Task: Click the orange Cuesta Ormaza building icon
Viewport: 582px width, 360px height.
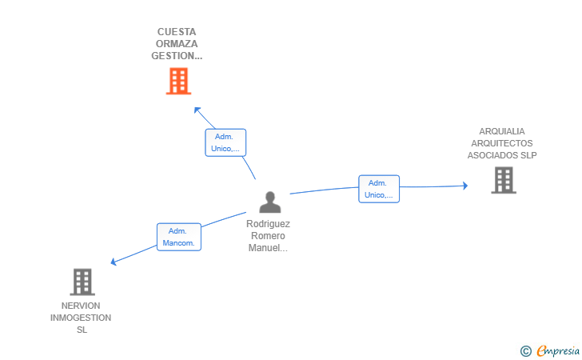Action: [x=178, y=81]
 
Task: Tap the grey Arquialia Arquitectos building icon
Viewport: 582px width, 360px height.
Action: [x=503, y=180]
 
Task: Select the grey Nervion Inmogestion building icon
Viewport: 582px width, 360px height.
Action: [x=82, y=282]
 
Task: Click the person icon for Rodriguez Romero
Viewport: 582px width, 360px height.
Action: [x=270, y=202]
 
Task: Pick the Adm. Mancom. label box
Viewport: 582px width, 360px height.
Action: [x=178, y=237]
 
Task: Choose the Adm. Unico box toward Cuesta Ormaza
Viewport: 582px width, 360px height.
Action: [x=225, y=142]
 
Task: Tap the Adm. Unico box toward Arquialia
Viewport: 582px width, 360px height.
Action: [x=378, y=189]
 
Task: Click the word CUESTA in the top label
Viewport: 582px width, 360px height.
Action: [x=177, y=32]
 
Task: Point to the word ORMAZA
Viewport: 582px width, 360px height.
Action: [x=177, y=44]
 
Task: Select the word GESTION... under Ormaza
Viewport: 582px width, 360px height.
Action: [x=177, y=56]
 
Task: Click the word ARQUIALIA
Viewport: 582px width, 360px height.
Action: [x=502, y=131]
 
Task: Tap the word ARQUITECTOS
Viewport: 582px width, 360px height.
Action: [x=502, y=143]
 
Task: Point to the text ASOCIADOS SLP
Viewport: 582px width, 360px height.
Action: [x=502, y=155]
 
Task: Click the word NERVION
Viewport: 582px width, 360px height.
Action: [x=81, y=306]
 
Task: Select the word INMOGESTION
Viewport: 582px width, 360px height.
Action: [x=81, y=318]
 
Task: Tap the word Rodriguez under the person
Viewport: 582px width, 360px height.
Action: [x=268, y=225]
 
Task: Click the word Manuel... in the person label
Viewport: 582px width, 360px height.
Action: [x=268, y=248]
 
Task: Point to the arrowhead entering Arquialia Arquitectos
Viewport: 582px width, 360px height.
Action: [x=464, y=186]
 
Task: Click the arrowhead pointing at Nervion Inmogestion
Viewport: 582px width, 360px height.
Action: [x=114, y=262]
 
